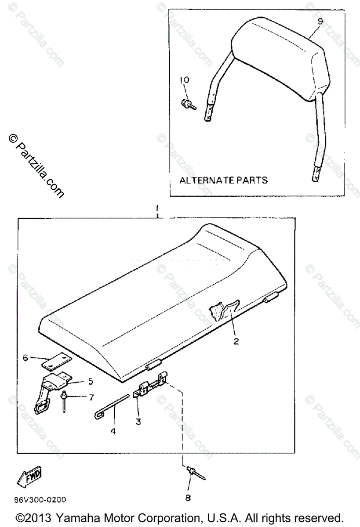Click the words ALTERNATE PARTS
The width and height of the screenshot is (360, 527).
click(x=223, y=180)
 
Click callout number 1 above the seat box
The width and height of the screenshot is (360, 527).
click(x=157, y=207)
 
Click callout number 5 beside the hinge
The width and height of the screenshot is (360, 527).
click(x=91, y=381)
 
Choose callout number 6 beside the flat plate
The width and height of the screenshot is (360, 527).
click(x=25, y=358)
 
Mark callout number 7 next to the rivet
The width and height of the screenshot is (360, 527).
click(x=91, y=397)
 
